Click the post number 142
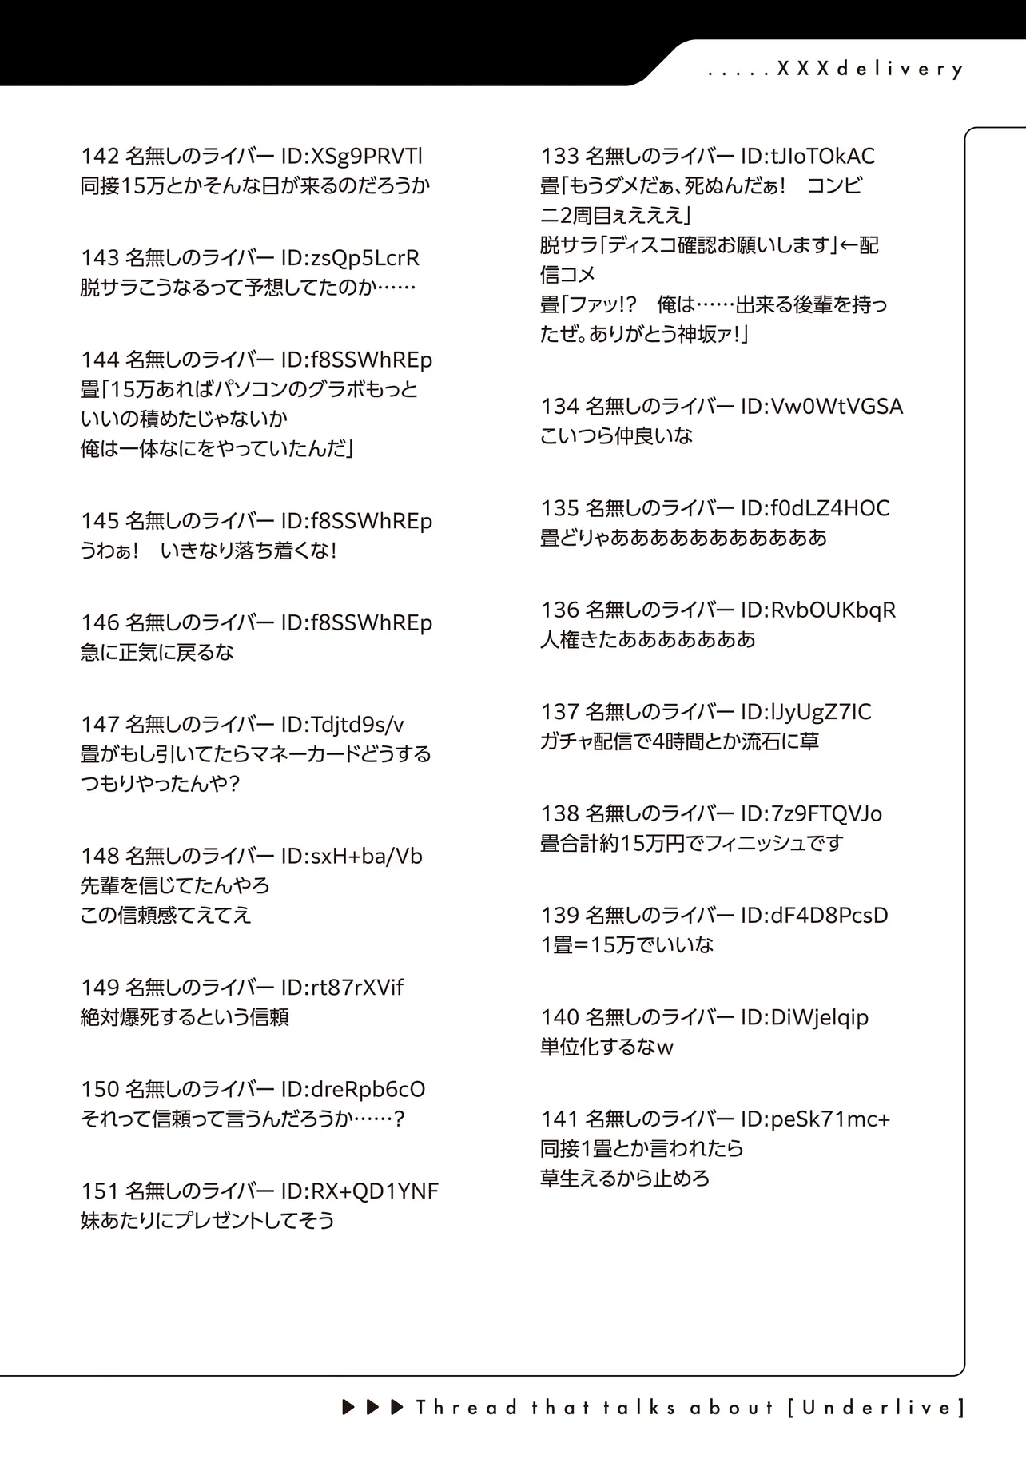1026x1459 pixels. coord(100,157)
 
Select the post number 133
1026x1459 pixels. coord(559,157)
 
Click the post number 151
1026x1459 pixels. coord(100,1191)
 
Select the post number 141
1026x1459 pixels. coord(559,1119)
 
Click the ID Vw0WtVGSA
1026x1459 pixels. coord(836,407)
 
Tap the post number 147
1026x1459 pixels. coord(100,725)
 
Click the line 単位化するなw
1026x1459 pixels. coord(606,1047)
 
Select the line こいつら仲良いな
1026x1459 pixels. coord(616,436)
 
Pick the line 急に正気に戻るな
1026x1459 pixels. coord(157,653)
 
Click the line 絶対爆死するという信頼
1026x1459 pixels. coord(185,1018)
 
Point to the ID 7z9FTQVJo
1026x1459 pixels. coord(826,814)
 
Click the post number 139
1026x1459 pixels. coord(559,916)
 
